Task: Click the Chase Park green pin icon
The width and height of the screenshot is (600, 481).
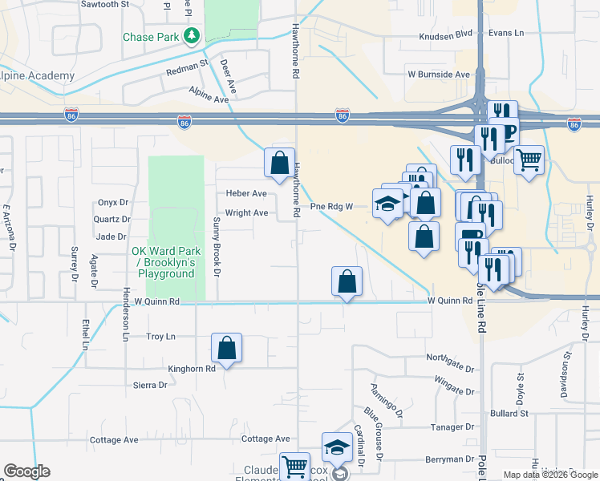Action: click(x=192, y=36)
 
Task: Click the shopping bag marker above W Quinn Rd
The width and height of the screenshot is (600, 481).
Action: click(x=347, y=281)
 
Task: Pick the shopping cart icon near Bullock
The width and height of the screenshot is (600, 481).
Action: click(x=529, y=160)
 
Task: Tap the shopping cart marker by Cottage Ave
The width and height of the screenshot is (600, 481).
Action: click(x=295, y=464)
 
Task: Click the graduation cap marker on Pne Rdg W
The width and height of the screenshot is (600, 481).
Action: click(x=387, y=204)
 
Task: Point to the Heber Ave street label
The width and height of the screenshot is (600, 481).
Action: click(x=246, y=194)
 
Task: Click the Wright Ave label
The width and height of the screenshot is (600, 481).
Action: click(x=246, y=213)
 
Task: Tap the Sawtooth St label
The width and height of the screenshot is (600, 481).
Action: click(x=105, y=5)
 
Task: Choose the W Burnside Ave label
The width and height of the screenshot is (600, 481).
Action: click(x=438, y=75)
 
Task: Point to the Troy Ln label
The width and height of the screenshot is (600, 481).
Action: click(x=160, y=338)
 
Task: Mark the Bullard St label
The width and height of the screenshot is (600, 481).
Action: click(x=509, y=414)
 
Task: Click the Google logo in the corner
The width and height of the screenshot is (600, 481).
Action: click(x=27, y=471)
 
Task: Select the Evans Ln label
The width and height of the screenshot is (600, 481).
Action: click(x=506, y=33)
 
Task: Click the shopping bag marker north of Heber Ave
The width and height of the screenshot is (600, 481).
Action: click(x=278, y=163)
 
